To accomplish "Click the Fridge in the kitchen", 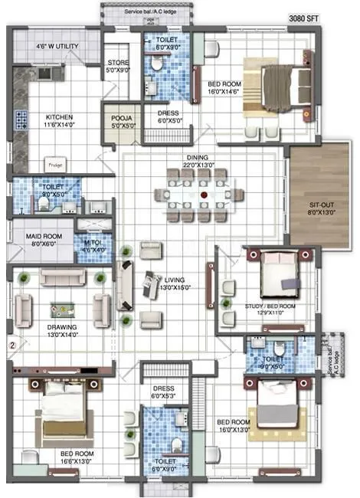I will click(x=54, y=164).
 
